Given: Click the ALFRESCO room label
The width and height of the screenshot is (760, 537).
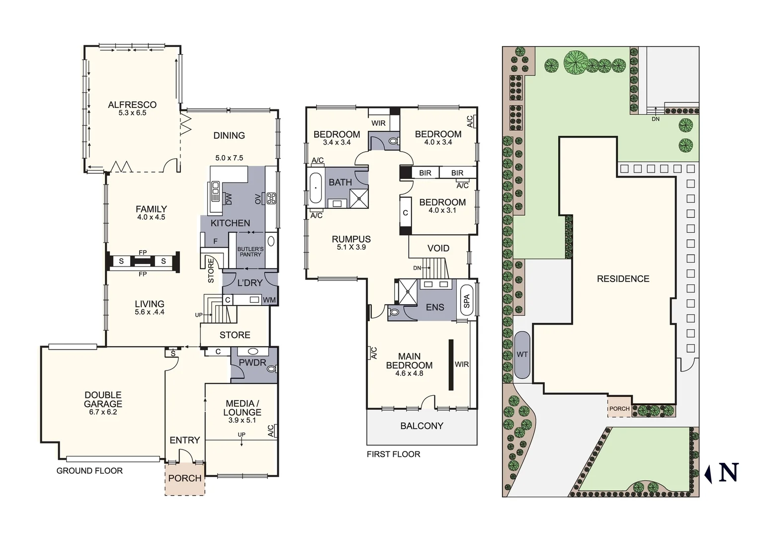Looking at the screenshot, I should point(132,104).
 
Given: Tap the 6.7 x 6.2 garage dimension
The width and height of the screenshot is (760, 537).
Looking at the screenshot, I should point(103,412).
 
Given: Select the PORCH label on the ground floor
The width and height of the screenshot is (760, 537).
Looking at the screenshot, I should point(185,478).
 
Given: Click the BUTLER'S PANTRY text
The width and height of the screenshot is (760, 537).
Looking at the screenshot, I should point(250,252).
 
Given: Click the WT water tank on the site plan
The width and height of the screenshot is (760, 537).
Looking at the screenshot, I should point(522,355).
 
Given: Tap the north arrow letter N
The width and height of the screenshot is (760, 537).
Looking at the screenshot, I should point(728,472).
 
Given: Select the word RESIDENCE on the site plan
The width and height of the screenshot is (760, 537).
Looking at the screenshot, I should point(623,279).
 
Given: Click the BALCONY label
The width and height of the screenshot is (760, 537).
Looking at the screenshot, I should point(422,426).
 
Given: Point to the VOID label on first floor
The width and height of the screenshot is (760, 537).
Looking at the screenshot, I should point(438,248).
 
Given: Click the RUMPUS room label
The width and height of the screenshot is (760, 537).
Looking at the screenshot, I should point(351,239).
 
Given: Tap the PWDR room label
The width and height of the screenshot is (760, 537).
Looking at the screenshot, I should point(253,362).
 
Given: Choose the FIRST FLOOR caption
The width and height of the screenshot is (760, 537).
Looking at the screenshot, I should point(393,454).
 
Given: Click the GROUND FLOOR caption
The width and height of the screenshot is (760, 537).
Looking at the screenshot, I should point(89,470).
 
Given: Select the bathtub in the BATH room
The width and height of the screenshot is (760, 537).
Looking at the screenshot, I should point(316,188).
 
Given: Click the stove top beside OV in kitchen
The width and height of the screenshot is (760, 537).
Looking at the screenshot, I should point(271,198).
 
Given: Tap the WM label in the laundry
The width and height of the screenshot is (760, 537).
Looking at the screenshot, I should point(269,300).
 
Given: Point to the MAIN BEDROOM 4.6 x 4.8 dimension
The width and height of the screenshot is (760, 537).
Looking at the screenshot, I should point(409,373).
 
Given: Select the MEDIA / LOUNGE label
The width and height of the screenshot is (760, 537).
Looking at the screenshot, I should point(242,408).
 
